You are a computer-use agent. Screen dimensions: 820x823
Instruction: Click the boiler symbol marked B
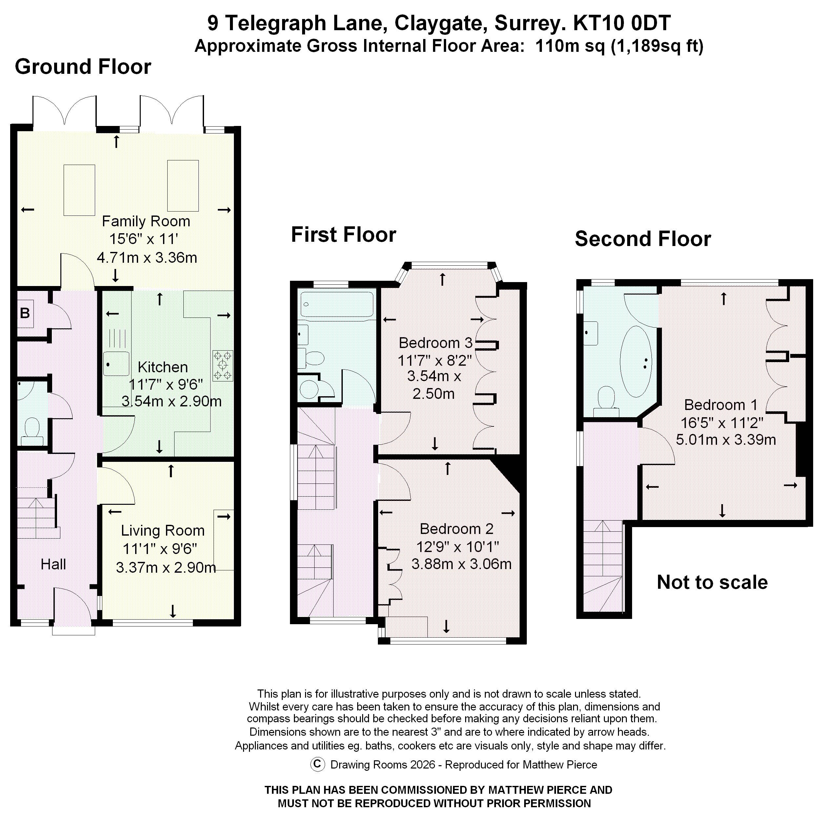(x=25, y=314)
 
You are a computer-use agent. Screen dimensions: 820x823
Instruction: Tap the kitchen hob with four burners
(x=223, y=365)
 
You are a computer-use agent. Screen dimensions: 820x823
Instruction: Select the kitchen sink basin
(x=116, y=364)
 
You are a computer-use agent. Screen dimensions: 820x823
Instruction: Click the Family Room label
(x=146, y=221)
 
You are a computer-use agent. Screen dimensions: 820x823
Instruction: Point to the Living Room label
(x=163, y=531)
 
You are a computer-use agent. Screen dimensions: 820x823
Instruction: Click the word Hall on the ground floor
(x=53, y=564)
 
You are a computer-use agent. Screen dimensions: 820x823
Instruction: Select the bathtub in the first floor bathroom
(x=337, y=304)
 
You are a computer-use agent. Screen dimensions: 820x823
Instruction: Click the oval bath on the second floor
(x=636, y=362)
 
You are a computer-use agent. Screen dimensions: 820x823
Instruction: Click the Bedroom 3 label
(x=435, y=343)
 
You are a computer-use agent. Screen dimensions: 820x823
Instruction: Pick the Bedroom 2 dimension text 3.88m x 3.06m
(x=461, y=564)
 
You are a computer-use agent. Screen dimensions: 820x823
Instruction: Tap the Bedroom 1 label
(x=721, y=405)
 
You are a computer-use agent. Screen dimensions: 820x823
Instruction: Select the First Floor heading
(x=343, y=235)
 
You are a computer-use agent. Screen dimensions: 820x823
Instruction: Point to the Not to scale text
(x=712, y=582)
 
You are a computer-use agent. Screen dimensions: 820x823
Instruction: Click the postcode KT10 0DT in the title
(x=622, y=23)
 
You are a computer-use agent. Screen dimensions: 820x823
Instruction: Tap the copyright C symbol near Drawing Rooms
(x=317, y=764)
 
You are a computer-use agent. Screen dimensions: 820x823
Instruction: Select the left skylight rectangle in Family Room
(x=79, y=190)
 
